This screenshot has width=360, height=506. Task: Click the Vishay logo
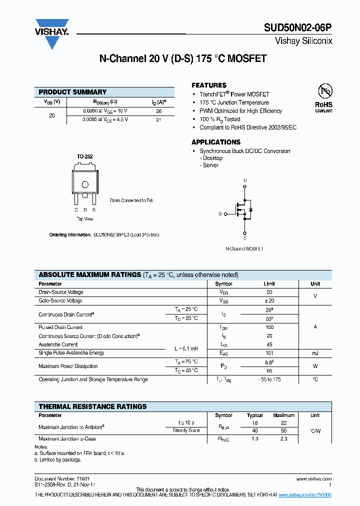point(51,33)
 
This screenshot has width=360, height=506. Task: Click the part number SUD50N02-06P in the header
point(298,29)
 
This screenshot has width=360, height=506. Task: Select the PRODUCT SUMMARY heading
point(72,92)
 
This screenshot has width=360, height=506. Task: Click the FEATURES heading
point(209,85)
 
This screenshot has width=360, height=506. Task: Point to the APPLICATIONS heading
point(216,142)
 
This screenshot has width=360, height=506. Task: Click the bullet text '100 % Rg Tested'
point(219,119)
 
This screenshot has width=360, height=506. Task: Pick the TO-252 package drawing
point(85,182)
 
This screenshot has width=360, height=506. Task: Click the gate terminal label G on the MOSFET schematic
point(219,213)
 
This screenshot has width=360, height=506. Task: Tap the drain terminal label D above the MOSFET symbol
point(244,180)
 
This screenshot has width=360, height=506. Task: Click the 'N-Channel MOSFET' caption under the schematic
point(244,248)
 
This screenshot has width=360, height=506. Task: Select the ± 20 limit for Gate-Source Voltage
point(269,301)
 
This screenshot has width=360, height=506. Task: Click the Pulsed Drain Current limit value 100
point(269,327)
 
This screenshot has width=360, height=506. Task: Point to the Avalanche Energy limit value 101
point(269,353)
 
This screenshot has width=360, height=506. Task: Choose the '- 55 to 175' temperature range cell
point(269,379)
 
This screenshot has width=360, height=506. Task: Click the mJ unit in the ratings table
point(315,353)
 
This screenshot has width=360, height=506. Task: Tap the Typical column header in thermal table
point(255,415)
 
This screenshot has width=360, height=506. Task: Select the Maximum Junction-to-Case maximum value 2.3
point(283,438)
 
